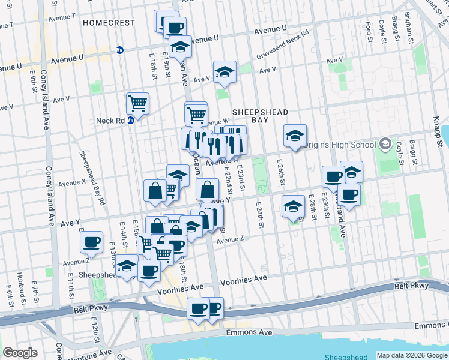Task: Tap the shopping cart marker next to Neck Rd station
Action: point(137,104)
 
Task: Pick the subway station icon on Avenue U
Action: point(120,50)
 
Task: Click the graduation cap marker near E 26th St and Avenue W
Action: point(295,136)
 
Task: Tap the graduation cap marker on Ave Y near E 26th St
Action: point(292,206)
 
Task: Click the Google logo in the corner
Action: point(20,352)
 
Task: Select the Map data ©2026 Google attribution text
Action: point(411,355)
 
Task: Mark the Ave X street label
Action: point(72,182)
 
